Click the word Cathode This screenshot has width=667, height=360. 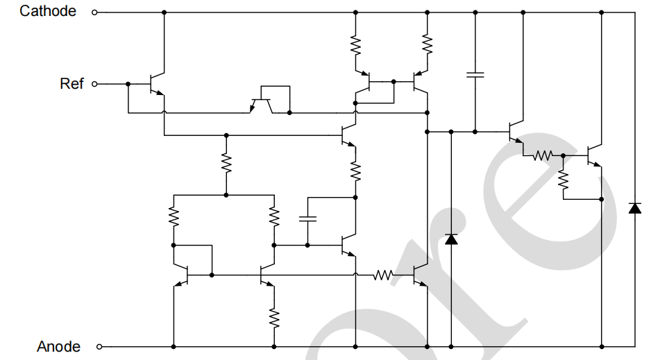coord(48,11)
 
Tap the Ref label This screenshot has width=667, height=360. coord(71,83)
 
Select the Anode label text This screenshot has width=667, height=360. coord(58,346)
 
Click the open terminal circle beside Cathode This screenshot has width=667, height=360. coord(95,12)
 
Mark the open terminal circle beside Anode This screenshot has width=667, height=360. coord(99,346)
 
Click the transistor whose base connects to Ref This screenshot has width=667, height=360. coord(157,84)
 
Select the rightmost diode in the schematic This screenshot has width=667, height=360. coord(634,207)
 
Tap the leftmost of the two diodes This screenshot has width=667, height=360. coord(451,239)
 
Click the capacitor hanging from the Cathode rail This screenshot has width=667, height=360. coord(475,74)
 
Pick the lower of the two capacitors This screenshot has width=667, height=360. coord(307,218)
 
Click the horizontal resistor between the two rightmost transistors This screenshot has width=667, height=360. coord(543,156)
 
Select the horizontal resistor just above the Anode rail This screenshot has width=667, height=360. coord(383,275)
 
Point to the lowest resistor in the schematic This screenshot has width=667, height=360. coord(274,318)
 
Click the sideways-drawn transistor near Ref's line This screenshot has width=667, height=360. coord(262,104)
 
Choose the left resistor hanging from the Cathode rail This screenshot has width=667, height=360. coord(355,46)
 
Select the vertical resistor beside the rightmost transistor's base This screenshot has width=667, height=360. coord(564,180)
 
